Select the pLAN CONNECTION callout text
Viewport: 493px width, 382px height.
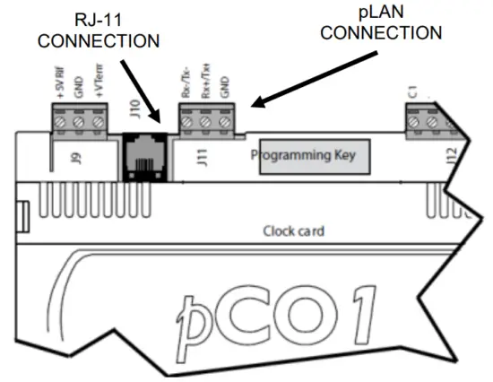382,22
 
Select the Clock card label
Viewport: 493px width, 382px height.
294,230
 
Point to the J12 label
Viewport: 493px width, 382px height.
451,158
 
